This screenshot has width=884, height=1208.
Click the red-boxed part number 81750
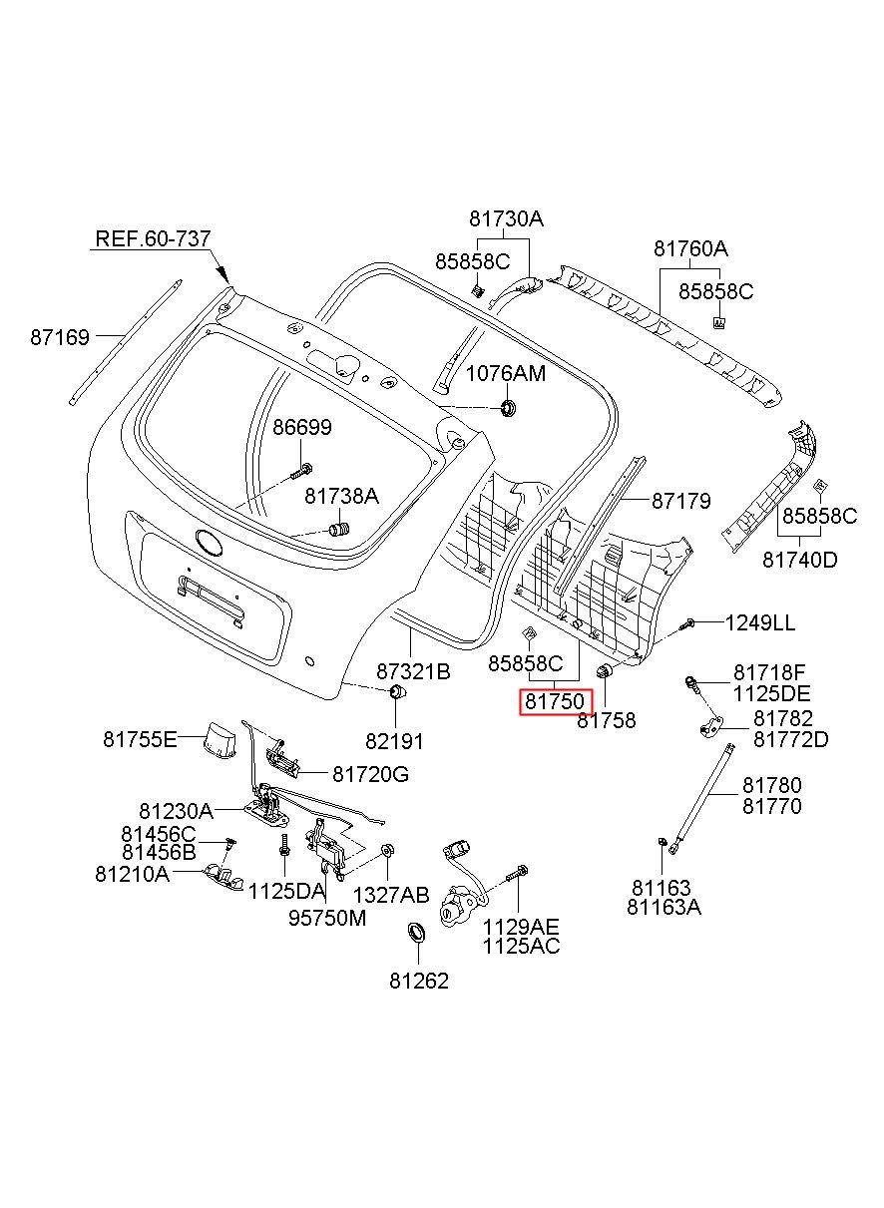tap(555, 701)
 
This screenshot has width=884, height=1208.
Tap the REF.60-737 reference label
tap(153, 238)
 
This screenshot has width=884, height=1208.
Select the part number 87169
tap(60, 337)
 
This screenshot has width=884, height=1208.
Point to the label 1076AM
tap(506, 373)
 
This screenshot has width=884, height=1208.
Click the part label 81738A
tap(341, 496)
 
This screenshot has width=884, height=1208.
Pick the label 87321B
tap(413, 671)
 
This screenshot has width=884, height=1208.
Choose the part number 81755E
tap(141, 739)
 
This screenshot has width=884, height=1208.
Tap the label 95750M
tap(327, 918)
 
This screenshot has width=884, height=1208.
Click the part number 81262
tap(419, 981)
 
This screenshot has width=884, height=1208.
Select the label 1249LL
tap(759, 623)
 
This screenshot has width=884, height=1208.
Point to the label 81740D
tap(800, 560)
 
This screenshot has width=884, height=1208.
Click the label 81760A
tap(690, 248)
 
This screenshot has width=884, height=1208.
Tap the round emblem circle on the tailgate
tap(210, 542)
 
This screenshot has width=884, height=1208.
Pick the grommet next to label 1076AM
tap(508, 408)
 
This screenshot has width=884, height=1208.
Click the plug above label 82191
tap(398, 691)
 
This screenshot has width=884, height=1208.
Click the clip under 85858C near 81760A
tap(719, 323)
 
